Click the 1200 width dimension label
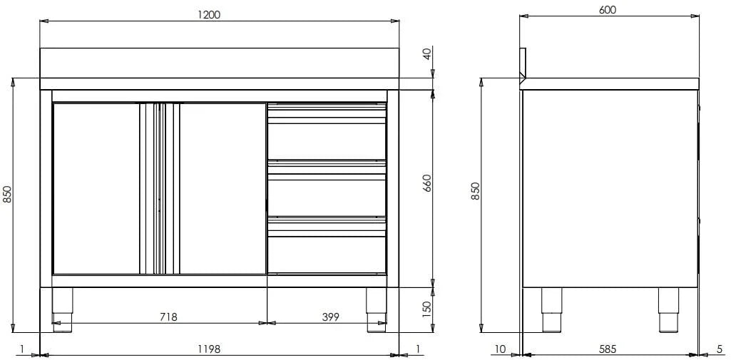point(208,14)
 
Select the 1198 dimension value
point(208,349)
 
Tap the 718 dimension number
point(168,317)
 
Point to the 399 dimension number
point(330,317)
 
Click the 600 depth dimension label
point(608,10)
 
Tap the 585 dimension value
point(608,349)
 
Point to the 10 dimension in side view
point(500,349)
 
